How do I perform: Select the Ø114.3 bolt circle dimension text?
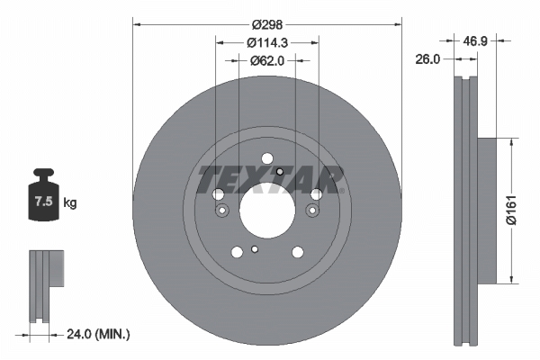point(266,42)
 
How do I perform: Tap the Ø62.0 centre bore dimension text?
point(266,60)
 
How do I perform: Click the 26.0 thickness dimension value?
point(427,59)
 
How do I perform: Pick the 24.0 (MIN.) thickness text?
point(98,334)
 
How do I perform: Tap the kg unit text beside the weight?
point(70,203)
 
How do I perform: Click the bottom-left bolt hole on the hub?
point(237,252)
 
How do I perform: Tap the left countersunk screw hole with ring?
point(222,210)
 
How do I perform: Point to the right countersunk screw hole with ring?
point(311,210)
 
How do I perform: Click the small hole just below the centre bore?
point(256,249)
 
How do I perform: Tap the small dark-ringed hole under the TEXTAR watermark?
point(280,172)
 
